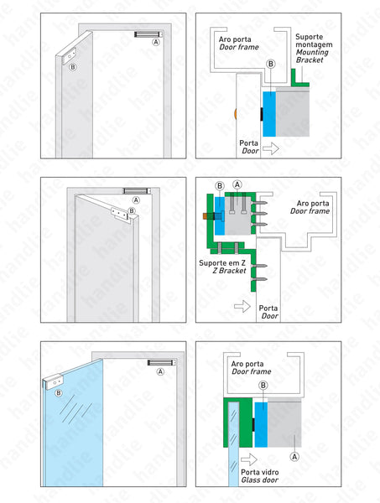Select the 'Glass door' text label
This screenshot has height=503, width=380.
(260, 480)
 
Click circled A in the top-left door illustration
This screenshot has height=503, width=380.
(156, 41)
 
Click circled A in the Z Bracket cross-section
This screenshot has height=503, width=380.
(237, 184)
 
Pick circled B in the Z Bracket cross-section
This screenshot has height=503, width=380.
(220, 185)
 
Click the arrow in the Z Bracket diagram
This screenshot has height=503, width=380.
(242, 308)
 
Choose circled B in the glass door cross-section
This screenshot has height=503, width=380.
(263, 385)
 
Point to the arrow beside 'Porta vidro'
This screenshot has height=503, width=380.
(248, 459)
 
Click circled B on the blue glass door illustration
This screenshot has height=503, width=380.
(58, 392)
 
